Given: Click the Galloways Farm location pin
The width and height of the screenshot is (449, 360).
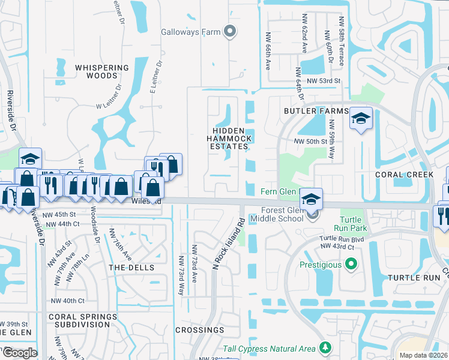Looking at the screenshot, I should pos(229,32).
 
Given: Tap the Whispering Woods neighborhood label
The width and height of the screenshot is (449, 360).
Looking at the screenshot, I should pos(102,72).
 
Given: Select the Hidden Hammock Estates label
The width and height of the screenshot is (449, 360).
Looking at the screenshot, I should pos(228,139).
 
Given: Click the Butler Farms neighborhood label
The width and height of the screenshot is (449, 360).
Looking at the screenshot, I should pos(316,112).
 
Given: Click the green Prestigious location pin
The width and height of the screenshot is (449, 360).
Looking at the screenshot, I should pos(351,264).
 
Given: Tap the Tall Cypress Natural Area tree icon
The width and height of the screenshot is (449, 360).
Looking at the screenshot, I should pos(325,347).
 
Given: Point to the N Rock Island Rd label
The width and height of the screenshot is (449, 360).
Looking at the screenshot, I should pos(229,242).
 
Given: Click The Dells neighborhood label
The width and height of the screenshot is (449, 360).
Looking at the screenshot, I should pos(131,267).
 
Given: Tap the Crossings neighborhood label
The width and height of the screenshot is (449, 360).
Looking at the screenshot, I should pos(200,330).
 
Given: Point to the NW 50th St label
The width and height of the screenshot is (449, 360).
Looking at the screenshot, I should pos(309,141).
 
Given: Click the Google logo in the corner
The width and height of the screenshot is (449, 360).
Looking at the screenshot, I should pos(19,353).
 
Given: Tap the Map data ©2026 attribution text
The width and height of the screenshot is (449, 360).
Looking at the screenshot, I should pos(423,355).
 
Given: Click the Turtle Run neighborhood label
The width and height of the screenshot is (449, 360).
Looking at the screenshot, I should pos(414,278).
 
